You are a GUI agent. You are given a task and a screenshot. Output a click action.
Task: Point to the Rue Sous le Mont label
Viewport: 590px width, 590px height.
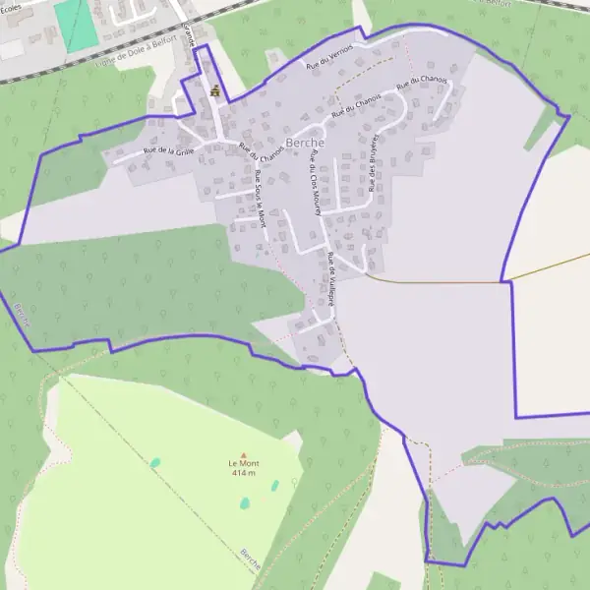coord(261,199)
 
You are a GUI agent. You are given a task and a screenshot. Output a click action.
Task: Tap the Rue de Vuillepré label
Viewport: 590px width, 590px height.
coord(331,279)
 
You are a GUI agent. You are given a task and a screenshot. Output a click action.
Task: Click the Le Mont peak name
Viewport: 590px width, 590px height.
coord(243,463)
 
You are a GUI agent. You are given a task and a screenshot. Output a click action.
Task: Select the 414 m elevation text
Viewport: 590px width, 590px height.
coord(243,473)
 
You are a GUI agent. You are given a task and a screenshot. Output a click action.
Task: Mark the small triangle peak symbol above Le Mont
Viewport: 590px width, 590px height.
coord(243,454)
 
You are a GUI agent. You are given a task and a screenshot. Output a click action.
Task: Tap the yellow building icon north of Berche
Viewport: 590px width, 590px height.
coord(214,90)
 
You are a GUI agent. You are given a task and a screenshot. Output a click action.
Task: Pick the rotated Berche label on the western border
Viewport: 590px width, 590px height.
coord(23,314)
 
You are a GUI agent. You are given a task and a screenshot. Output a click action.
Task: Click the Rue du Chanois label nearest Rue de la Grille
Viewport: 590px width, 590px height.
coord(261,151)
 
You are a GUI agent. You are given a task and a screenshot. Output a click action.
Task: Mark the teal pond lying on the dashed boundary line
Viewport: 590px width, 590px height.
coord(154,462)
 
